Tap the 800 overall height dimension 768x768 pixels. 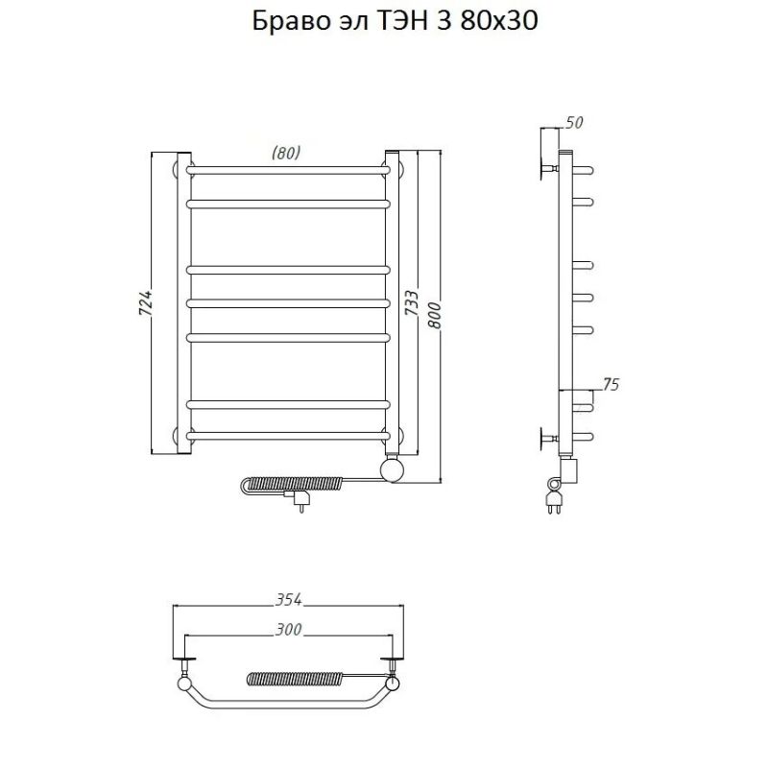pos(435,314)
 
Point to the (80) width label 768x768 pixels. pos(286,153)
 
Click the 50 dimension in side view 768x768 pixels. pos(575,122)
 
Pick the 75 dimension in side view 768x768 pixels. pos(609,384)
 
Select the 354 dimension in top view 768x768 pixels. pos(289,600)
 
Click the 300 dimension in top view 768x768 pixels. pos(289,630)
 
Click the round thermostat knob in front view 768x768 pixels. pos(393,470)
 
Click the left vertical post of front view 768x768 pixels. pos(182,302)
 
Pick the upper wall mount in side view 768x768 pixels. pos(550,169)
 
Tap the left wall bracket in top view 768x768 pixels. pos(184,661)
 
